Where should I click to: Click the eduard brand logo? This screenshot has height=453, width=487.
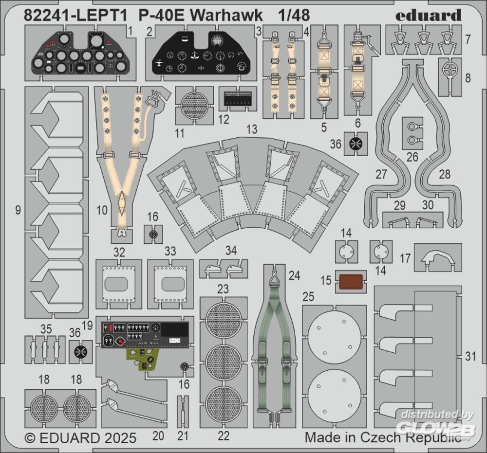pos(428,15)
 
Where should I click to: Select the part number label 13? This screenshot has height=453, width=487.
pos(252,129)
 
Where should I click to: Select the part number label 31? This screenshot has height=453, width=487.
pos(470,356)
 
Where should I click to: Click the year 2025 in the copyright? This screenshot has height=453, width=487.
pos(119,438)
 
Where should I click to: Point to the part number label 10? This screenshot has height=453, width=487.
pos(102,210)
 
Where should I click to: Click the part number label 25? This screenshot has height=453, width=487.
pos(308,297)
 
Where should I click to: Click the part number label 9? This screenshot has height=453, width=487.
pos(18,210)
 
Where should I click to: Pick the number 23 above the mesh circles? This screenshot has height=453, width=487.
pos(223,289)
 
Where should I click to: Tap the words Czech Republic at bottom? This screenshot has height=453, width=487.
pos(411,437)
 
